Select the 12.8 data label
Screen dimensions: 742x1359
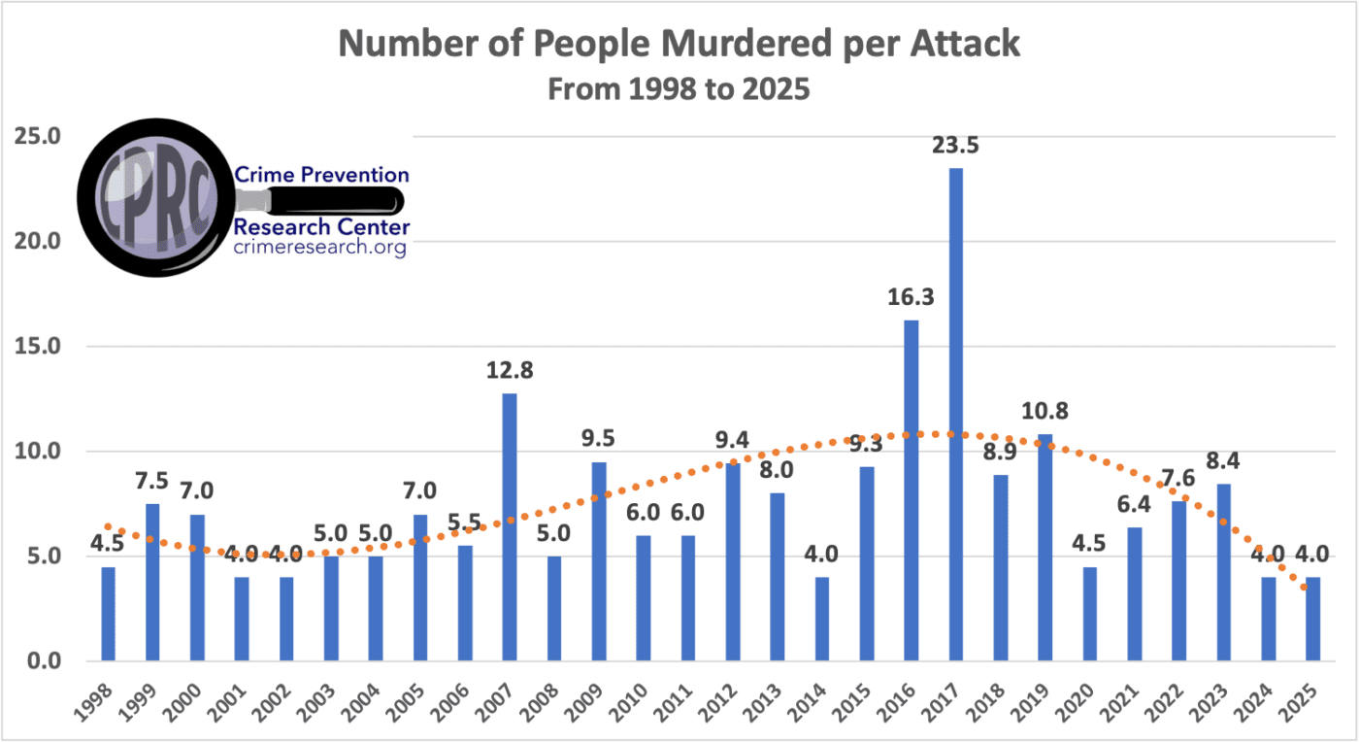510,370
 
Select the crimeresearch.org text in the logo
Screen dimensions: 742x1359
320,249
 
